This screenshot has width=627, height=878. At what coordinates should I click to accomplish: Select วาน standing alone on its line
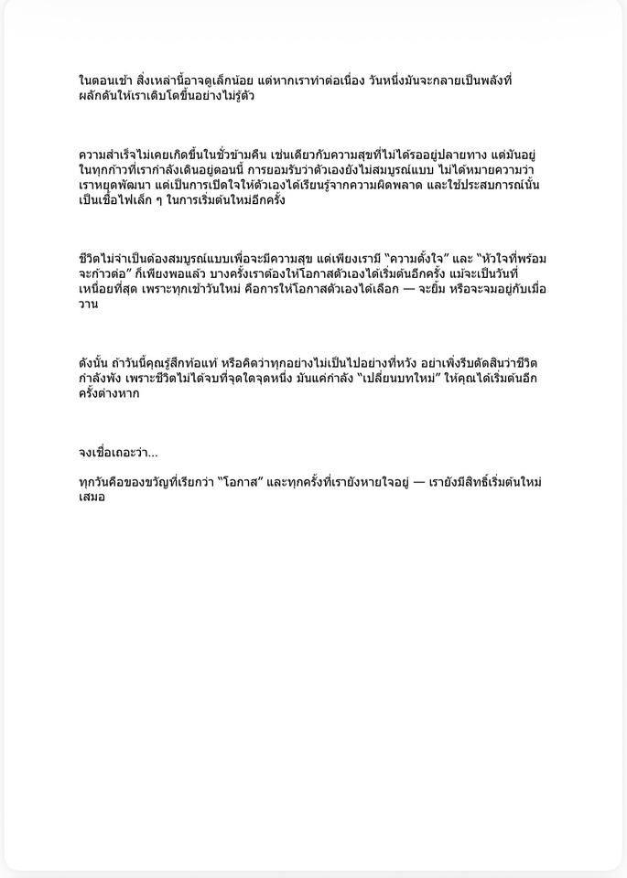[x=89, y=305]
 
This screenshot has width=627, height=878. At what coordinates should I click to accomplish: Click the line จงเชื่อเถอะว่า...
[x=117, y=453]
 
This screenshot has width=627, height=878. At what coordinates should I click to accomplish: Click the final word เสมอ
[x=92, y=498]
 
